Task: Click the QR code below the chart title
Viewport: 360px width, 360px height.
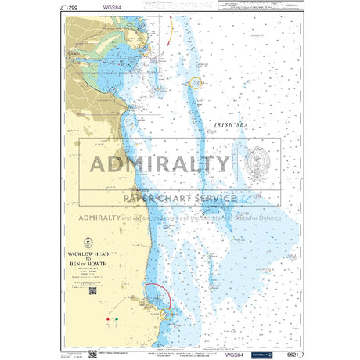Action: [92, 291]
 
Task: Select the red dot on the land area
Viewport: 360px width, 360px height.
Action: [108, 319]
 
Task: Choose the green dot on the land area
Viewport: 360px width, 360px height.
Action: [117, 319]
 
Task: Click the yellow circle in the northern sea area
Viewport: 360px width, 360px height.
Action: [198, 81]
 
